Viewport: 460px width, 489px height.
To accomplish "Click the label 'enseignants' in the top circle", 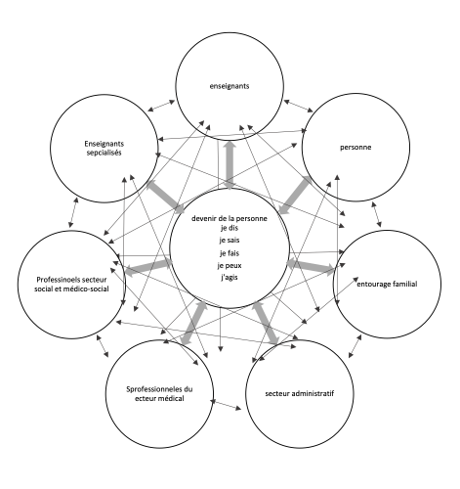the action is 230,86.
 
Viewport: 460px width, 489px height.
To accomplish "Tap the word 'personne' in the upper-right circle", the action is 355,148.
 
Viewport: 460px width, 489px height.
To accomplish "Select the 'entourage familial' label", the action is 387,284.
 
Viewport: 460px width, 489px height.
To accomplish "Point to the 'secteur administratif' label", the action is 300,393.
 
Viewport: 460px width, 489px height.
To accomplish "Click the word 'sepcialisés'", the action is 104,153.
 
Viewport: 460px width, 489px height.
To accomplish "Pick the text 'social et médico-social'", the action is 71,289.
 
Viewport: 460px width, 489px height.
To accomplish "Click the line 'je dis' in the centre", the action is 229,228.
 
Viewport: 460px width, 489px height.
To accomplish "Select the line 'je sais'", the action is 230,241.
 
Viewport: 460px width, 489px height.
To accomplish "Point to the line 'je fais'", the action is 230,253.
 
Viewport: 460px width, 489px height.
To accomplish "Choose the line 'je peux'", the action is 230,266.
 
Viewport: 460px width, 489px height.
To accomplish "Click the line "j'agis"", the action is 230,278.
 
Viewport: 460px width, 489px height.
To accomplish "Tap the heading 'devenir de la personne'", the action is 230,218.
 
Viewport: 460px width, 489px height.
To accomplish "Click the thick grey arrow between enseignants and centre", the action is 230,164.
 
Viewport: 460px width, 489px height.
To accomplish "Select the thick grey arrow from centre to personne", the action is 295,195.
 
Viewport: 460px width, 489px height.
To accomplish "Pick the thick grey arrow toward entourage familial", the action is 311,265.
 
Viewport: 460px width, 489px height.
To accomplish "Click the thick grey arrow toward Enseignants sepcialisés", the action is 165,197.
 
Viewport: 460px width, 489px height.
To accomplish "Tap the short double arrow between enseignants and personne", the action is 298,107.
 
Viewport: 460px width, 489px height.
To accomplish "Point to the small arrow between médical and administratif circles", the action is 227,405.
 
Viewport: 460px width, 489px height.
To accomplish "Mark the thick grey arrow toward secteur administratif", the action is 266,323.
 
